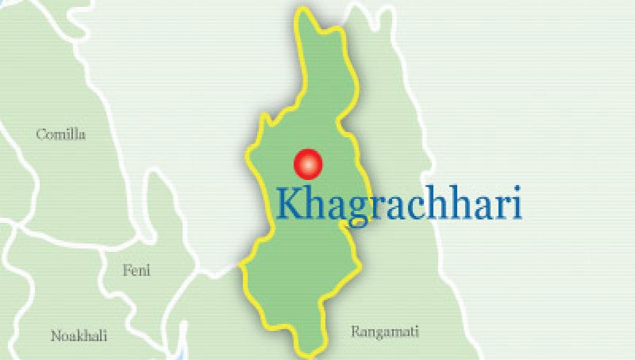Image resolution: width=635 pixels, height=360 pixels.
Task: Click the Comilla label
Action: tap(61, 134)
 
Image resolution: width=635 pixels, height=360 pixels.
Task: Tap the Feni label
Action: tap(137, 271)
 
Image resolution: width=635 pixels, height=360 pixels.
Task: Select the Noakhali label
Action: tap(79, 336)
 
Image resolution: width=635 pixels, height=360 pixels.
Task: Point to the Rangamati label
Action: tap(385, 332)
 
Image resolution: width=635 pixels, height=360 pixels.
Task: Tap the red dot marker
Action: tap(307, 164)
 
